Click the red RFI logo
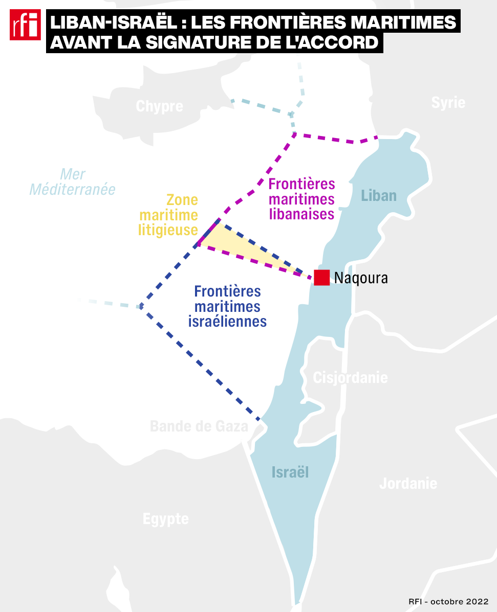click(25, 24)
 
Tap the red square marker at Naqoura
click(322, 277)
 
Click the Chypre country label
click(159, 106)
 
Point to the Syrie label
click(448, 102)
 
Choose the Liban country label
click(379, 195)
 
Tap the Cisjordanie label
click(350, 378)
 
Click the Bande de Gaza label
click(199, 426)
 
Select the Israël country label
click(290, 472)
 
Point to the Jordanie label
click(408, 483)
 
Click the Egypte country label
click(165, 519)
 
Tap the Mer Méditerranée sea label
click(73, 182)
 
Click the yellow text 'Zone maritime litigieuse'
click(168, 215)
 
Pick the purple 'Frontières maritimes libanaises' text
click(301, 198)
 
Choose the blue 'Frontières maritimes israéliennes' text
click(228, 306)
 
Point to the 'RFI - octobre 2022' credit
click(448, 601)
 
